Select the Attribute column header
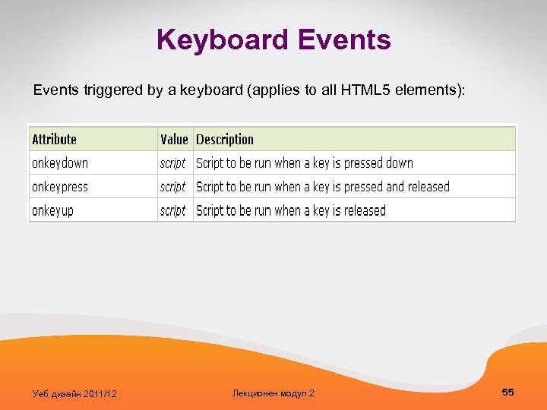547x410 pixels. (54, 139)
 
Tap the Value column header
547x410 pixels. (174, 139)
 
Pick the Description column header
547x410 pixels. (225, 139)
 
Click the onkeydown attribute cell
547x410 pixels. (60, 163)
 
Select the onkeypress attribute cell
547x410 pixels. (60, 187)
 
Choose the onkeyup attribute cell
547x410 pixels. (52, 210)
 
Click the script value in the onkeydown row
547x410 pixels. (172, 163)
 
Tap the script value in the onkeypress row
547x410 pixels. (172, 187)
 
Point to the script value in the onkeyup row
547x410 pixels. (172, 210)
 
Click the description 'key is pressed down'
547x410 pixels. (305, 163)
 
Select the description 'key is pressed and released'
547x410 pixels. (323, 187)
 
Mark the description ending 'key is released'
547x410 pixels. (291, 210)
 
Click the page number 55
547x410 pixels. (508, 392)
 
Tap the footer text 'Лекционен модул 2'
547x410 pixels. (273, 393)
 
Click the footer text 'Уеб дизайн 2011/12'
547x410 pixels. (74, 393)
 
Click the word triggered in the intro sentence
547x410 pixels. (109, 91)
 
